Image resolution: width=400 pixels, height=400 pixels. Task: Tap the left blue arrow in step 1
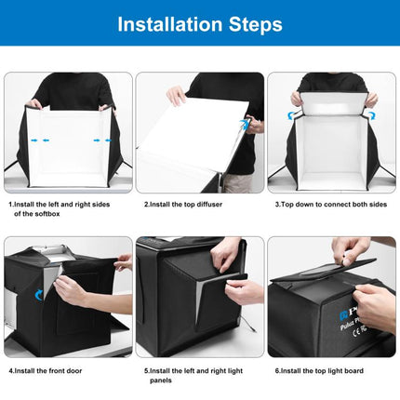(x=36, y=140)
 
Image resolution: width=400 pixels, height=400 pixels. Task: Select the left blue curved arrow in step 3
(x=290, y=115)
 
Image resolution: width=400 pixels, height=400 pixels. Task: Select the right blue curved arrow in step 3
(x=371, y=115)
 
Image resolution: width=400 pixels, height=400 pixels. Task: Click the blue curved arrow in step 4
(x=38, y=295)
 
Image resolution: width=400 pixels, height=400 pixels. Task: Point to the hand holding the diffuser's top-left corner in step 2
(x=175, y=94)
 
